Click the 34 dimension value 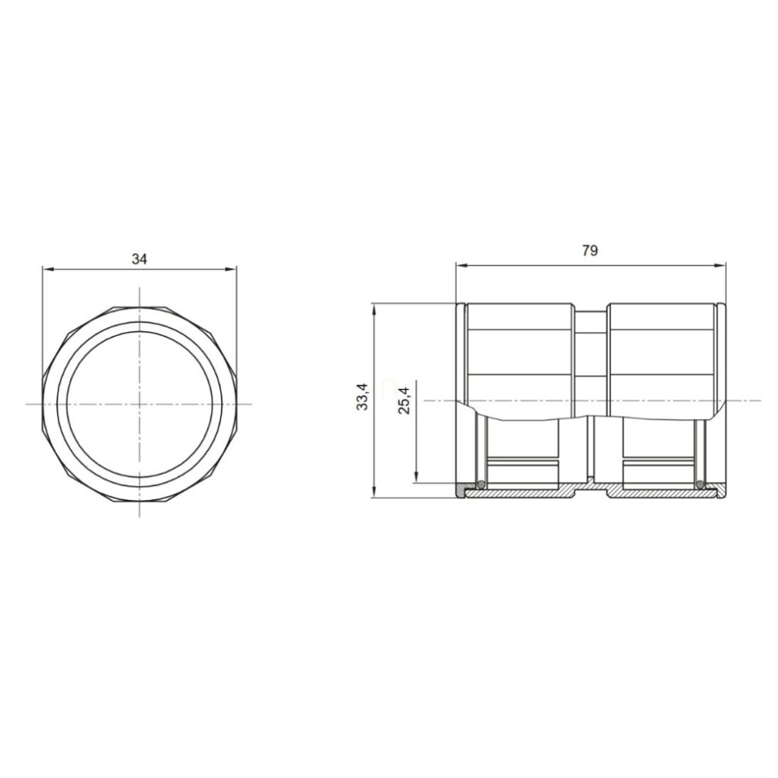click(139, 259)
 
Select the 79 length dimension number click(590, 251)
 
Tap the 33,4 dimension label click(363, 397)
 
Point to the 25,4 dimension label click(405, 401)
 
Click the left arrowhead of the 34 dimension click(49, 270)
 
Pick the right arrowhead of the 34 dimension click(231, 270)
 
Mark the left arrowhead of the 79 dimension click(462, 266)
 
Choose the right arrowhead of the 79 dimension click(720, 266)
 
